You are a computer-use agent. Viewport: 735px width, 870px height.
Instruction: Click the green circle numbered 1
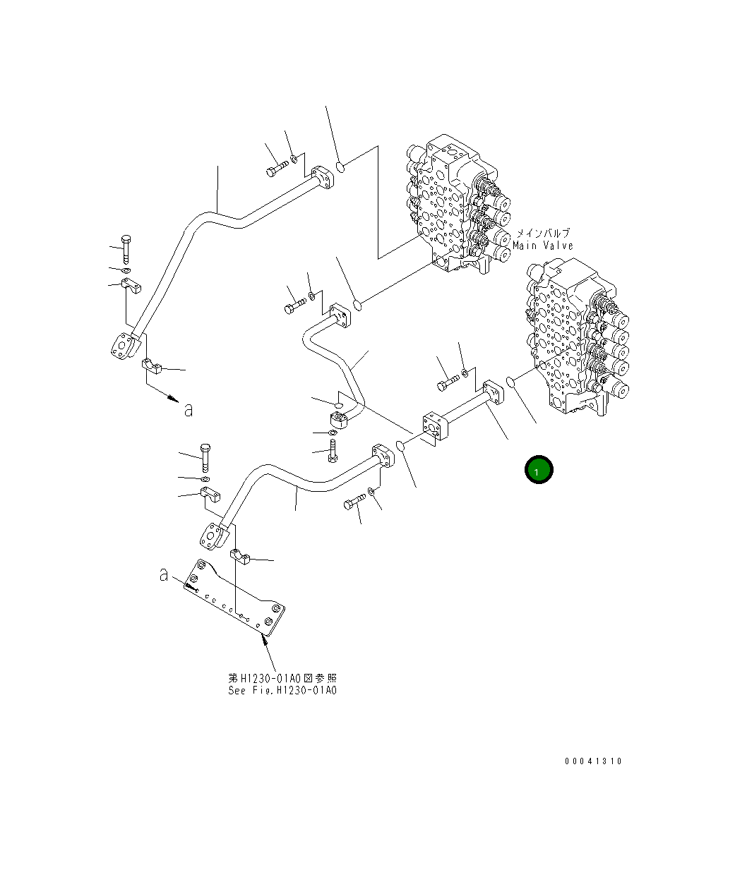click(x=538, y=470)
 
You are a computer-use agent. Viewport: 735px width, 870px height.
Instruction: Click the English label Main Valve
click(x=543, y=246)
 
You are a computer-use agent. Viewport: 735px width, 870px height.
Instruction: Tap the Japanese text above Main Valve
click(x=542, y=233)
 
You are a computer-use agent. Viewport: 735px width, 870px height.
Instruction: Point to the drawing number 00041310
click(x=593, y=761)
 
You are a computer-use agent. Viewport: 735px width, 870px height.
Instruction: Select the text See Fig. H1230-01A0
click(x=282, y=690)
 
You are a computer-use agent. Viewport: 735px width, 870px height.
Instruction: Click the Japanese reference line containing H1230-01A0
click(x=282, y=678)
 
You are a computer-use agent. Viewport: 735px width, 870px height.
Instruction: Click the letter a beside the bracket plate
click(x=164, y=576)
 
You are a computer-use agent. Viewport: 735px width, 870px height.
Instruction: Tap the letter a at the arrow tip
click(x=188, y=409)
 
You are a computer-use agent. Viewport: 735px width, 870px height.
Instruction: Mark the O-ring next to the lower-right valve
click(x=513, y=382)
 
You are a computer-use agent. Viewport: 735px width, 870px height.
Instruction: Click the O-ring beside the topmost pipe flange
click(x=340, y=167)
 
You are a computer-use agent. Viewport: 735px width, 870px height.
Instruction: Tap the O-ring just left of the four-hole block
click(x=400, y=445)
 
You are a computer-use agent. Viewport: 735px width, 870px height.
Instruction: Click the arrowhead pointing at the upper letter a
click(x=172, y=399)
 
